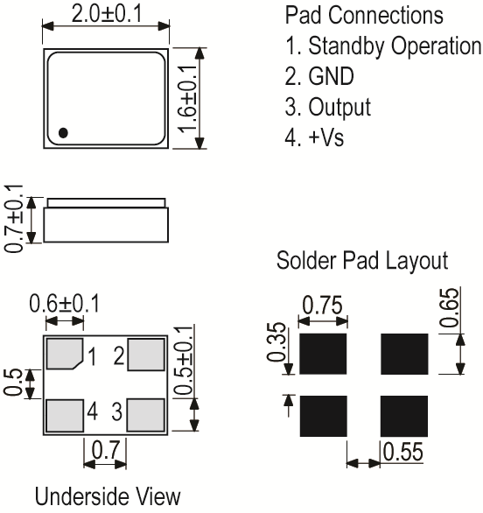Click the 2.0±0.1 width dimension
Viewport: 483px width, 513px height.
point(105,13)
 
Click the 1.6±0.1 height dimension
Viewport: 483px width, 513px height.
point(186,98)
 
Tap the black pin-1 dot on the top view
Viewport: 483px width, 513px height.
point(63,133)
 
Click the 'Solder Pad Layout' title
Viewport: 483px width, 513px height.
point(362,261)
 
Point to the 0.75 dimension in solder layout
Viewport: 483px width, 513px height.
point(323,306)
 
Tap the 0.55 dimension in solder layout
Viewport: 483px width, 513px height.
point(402,453)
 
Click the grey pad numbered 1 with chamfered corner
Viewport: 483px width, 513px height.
point(63,355)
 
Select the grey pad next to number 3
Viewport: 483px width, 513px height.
point(145,412)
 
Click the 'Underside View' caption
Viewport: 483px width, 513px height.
point(108,497)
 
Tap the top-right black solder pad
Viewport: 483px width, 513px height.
point(404,354)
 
